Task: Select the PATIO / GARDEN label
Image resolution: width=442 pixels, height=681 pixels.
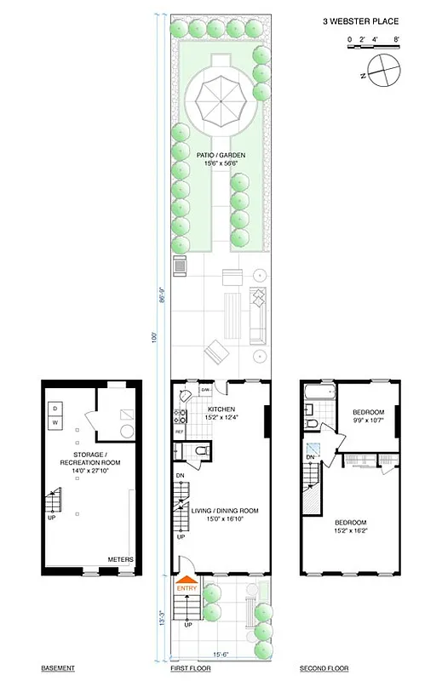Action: (220, 157)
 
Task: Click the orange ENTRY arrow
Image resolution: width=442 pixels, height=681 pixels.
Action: (186, 587)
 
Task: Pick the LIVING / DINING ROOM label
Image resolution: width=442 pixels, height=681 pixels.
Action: (225, 511)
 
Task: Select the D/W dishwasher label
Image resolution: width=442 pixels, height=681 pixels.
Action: (205, 391)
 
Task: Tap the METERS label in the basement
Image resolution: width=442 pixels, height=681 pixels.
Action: (119, 559)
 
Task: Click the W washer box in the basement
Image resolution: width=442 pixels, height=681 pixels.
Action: (55, 422)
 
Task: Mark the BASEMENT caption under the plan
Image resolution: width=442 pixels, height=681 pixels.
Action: (59, 669)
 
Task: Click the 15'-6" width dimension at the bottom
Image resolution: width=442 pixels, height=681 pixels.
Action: (220, 655)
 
